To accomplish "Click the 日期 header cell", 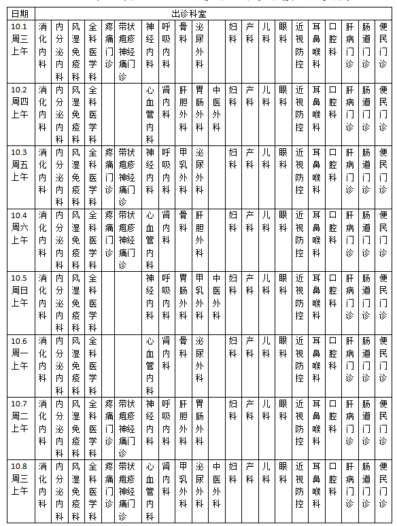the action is tap(20, 14).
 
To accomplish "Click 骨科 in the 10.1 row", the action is tap(183, 33).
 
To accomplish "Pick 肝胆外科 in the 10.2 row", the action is tap(183, 108).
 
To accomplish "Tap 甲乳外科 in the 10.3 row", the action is tap(183, 171).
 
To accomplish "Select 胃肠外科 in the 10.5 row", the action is tap(183, 296).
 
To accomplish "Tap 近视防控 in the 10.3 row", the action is tap(299, 171).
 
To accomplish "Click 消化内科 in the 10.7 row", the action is tap(43, 422).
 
